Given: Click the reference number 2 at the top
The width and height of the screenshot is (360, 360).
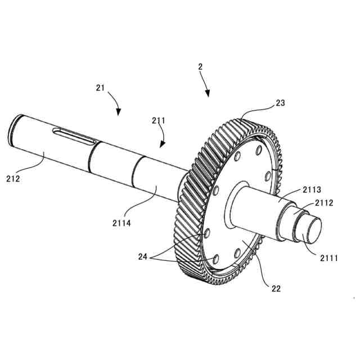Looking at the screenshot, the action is (200, 67).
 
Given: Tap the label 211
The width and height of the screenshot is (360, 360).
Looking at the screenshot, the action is (158, 120).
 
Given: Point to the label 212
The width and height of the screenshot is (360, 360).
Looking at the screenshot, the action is (13, 179).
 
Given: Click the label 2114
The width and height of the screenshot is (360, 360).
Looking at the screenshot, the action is (121, 223).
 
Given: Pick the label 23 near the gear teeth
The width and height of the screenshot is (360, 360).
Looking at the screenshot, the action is (280, 103).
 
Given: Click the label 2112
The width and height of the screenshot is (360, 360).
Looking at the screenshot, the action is (323, 202).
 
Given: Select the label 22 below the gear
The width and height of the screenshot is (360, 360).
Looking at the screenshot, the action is (276, 289).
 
